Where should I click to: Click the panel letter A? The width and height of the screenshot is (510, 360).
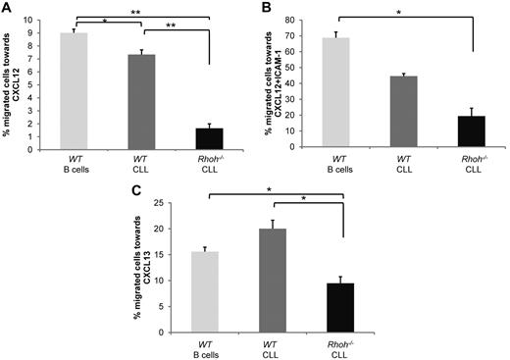[x=7, y=8]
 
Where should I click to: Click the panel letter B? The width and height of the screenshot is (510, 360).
[x=265, y=8]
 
